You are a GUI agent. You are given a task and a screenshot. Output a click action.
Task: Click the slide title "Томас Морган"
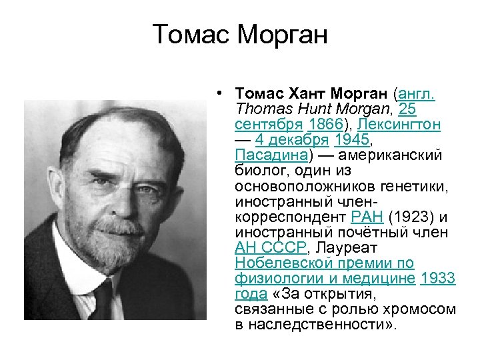pos(240,34)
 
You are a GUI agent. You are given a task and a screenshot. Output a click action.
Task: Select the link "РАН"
pos(366,217)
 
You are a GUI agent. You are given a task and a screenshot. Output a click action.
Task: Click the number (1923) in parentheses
pos(412,217)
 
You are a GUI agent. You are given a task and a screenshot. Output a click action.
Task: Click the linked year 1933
pos(438,279)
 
